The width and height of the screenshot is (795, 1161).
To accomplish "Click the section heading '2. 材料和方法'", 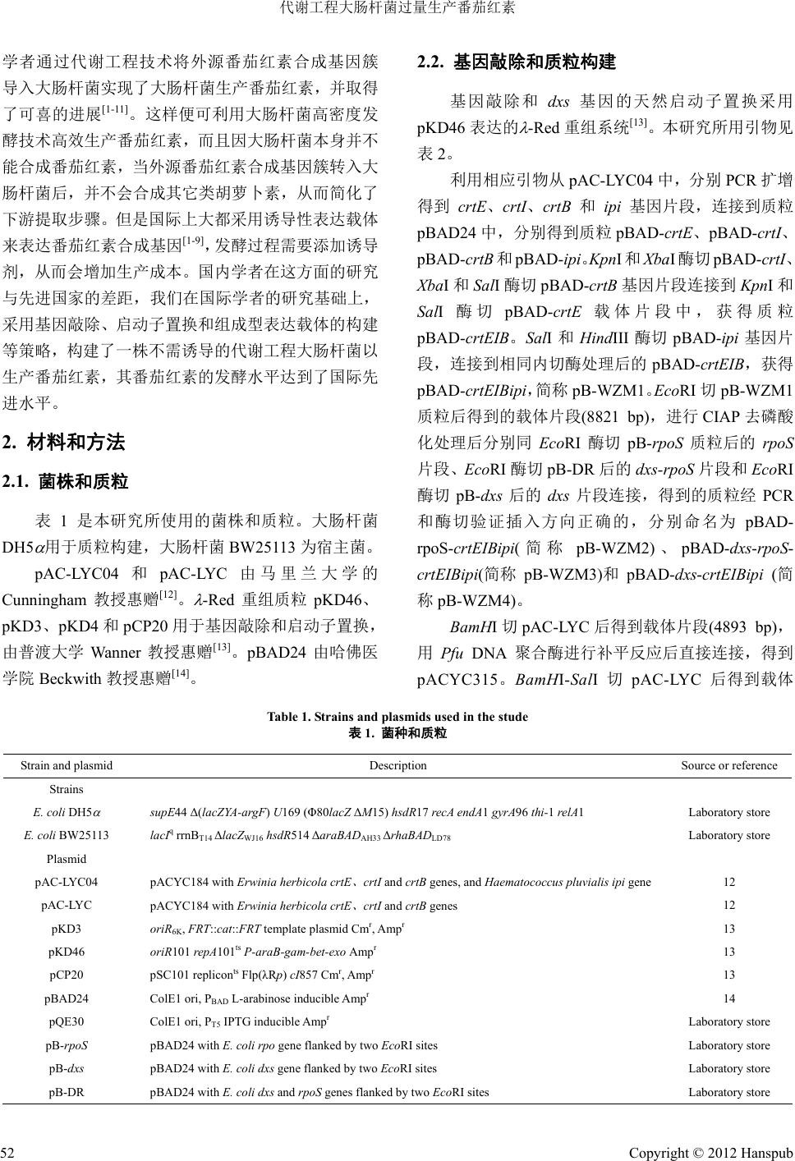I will tap(64, 443).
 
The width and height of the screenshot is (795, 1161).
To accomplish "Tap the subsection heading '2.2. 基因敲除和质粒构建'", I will tap(517, 62).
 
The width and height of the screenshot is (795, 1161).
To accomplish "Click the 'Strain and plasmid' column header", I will tap(67, 765).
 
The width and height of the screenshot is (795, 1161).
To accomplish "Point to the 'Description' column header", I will tap(397, 765).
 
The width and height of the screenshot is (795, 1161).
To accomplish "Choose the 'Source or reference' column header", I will tap(728, 765).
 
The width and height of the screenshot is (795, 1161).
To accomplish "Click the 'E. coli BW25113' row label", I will tap(67, 835).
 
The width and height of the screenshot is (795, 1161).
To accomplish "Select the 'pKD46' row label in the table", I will tap(67, 952).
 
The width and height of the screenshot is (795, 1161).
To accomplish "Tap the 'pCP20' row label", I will tap(67, 975).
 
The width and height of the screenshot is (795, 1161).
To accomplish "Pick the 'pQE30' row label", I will tap(67, 1022).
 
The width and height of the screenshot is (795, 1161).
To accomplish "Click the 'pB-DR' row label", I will tap(67, 1092).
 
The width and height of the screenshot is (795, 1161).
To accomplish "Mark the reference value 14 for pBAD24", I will tap(728, 999).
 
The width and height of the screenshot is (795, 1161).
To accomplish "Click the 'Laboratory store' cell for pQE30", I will tap(728, 1022).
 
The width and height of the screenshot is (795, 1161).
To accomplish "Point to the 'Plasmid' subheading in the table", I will tap(67, 859).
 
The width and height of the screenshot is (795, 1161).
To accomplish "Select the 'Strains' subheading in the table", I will tap(67, 789).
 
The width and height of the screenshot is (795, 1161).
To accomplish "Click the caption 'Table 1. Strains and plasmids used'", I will tap(397, 717).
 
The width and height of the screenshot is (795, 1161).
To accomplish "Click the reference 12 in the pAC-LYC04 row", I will tap(728, 883).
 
